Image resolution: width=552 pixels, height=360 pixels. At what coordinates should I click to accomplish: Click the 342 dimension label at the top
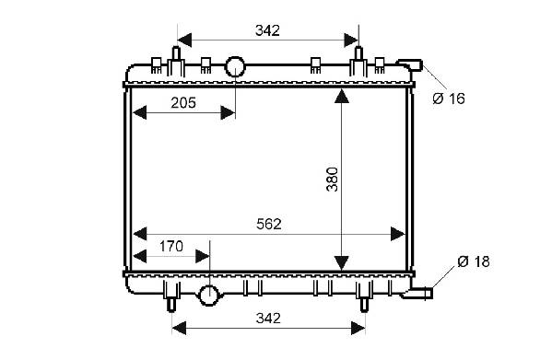pyautogui.click(x=267, y=31)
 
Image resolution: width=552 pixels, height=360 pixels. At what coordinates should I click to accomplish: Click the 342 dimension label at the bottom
pyautogui.click(x=268, y=319)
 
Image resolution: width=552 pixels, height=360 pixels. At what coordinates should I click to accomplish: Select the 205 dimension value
pyautogui.click(x=183, y=103)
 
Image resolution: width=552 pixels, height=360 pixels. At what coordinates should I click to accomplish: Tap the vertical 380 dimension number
pyautogui.click(x=332, y=180)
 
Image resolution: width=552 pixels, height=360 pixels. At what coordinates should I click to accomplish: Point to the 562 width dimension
pyautogui.click(x=269, y=225)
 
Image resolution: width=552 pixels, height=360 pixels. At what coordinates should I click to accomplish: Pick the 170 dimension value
pyautogui.click(x=171, y=247)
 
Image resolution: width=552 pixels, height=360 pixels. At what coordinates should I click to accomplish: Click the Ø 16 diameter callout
pyautogui.click(x=449, y=99)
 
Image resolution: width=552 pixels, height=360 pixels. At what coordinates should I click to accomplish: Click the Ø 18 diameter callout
pyautogui.click(x=474, y=261)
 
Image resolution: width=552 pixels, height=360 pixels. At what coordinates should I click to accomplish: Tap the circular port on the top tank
pyautogui.click(x=235, y=66)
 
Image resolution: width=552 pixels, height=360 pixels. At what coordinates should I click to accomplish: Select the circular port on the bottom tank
pyautogui.click(x=209, y=296)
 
